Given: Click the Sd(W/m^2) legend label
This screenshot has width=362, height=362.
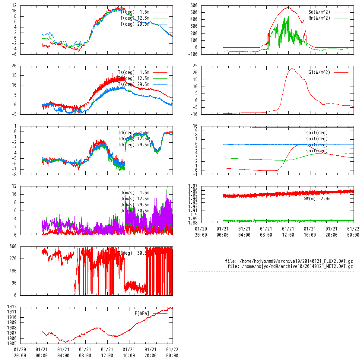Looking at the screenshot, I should coord(319,12).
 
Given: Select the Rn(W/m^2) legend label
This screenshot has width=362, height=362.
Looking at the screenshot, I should coord(319,18).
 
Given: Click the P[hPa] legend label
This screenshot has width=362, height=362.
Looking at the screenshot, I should coord(142,313).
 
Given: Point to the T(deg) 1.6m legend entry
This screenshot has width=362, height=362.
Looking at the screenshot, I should coord(135,12).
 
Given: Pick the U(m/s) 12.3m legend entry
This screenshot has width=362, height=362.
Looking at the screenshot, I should coord(135,199).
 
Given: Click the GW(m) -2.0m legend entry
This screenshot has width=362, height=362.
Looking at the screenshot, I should coord(317,198).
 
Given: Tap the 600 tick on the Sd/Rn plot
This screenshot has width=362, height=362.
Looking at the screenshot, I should coord(194,5).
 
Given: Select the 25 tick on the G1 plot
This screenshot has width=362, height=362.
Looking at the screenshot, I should coord(195,66).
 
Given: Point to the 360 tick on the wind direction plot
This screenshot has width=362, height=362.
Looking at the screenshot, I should coord(13,247).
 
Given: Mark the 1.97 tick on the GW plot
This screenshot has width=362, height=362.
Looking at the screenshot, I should coord(193,186).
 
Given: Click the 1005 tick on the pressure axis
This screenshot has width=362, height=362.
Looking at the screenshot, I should coord(12,344).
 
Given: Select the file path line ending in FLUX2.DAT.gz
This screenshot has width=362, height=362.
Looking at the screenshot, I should coord(289,261).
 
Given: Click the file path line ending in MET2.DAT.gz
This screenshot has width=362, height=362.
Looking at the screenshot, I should coord(290,266).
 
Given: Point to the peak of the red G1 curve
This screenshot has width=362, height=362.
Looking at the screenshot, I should coord(292,69).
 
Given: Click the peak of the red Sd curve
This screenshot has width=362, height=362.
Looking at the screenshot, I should coord(288,7).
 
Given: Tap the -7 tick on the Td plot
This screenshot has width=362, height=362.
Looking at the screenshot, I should coord(14,169).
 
